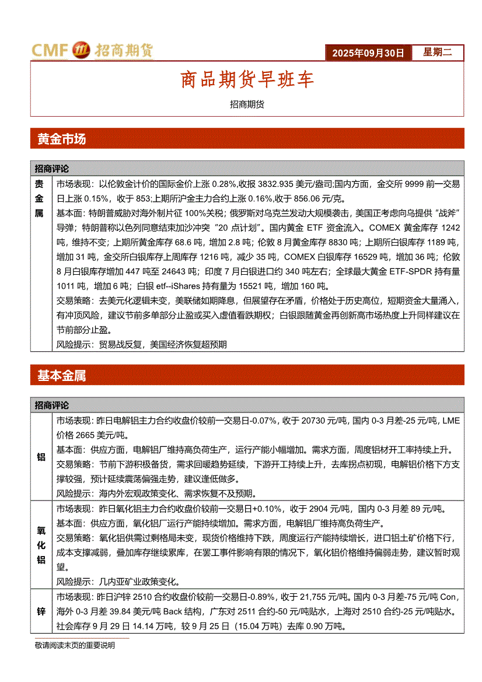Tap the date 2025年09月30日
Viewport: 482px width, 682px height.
pos(368,53)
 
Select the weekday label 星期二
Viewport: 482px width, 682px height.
pos(437,53)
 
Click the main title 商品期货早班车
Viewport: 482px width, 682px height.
pos(247,79)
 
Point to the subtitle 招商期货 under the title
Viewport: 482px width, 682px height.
pos(247,104)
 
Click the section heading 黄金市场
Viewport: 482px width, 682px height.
pos(62,139)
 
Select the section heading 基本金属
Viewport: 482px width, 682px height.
pos(62,376)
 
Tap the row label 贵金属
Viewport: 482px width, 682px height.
pos(40,198)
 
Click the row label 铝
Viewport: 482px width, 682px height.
pos(41,457)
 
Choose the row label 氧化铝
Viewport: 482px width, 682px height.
pos(41,544)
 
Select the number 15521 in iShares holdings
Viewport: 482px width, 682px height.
pos(249,286)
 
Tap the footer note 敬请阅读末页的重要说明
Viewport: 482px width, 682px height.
pos(75,645)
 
